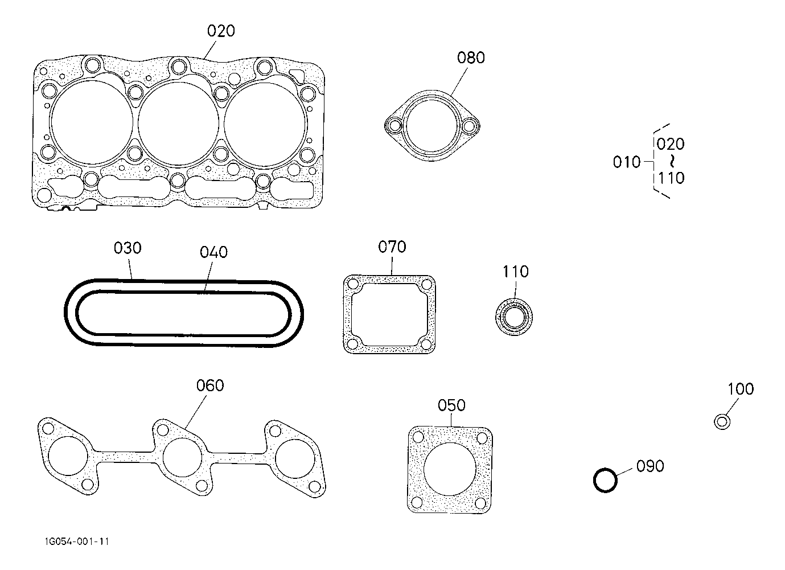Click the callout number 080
[471, 58]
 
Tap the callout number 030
[128, 248]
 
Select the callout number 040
[214, 252]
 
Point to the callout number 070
[392, 247]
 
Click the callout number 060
[210, 386]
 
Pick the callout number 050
[451, 405]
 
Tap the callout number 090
[650, 466]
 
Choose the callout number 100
[741, 389]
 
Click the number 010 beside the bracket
[627, 162]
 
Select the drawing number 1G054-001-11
[77, 542]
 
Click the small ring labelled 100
[722, 421]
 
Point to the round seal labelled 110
[514, 318]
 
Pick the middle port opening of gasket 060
[182, 457]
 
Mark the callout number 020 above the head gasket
[221, 31]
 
